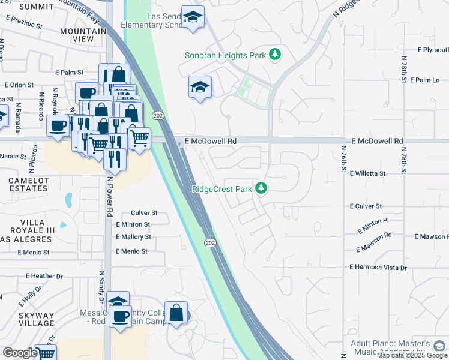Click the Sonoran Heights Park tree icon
[x=275, y=55]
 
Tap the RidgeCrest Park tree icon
[x=261, y=188]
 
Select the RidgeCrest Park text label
[x=222, y=189]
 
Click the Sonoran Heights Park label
[x=225, y=56]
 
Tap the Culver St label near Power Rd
[x=144, y=213]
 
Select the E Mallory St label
[x=133, y=237]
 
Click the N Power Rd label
[x=110, y=194]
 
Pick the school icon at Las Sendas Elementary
[x=193, y=17]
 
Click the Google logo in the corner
[x=19, y=352]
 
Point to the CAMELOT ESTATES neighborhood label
[x=28, y=184]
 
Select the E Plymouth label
[x=433, y=50]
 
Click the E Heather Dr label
[x=44, y=276]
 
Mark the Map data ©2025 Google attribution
[x=412, y=355]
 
